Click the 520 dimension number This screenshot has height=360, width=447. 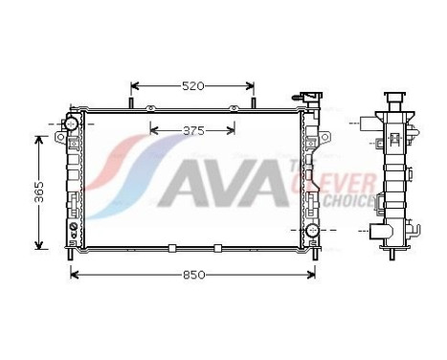[193, 86]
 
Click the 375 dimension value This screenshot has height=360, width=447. [194, 131]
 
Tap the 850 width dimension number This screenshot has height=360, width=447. [193, 275]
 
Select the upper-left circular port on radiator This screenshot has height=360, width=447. [70, 124]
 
